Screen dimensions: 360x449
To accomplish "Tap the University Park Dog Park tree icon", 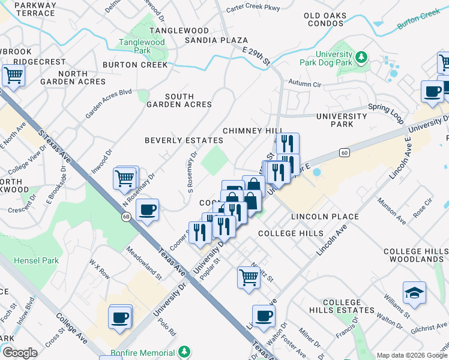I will pos(361,58).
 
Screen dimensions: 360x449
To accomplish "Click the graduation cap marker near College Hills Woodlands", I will pos(414,293).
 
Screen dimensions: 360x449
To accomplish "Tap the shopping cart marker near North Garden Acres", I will pos(13,76).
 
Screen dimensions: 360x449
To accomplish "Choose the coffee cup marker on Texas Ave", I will pos(147,210).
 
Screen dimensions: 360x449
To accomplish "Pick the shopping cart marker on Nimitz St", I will pos(249,277).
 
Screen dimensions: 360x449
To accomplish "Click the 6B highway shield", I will pos(126,217).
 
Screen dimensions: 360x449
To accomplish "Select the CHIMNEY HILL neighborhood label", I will pos(252,131).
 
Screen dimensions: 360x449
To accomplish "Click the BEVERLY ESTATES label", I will pos(184,140).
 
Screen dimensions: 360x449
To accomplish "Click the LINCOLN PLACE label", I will pos(325,217).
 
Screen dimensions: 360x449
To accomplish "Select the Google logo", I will pos(19,353).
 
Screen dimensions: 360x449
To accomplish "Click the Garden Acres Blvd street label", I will pos(108,103).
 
